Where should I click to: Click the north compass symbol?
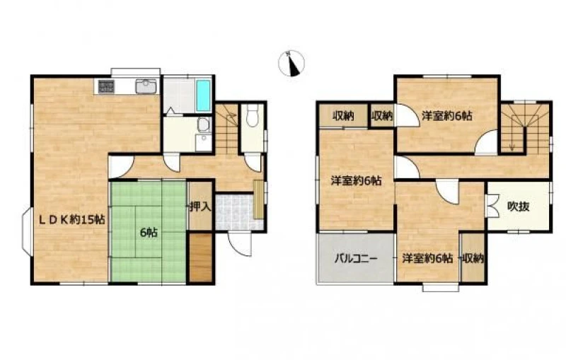point(291,64)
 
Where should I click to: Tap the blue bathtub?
point(204,95)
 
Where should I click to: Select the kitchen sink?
point(146,86)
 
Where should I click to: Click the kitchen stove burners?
point(106,86)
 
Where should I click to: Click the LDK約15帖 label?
point(72,219)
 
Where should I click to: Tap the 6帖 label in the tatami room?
point(149,233)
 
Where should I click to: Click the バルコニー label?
point(356,259)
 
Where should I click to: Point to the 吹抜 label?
point(519,207)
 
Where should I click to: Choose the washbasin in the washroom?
point(204,124)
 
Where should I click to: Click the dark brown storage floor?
point(200,257)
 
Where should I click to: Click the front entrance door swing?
point(241,244)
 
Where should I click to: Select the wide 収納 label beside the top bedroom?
point(343,116)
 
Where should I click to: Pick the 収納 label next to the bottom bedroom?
point(473,258)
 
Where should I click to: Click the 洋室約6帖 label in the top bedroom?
point(447,116)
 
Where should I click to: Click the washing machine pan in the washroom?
point(204,143)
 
